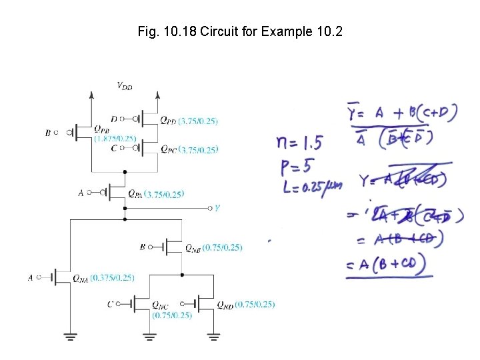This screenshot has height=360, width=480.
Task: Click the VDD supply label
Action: (125, 85)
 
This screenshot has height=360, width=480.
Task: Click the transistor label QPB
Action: (103, 129)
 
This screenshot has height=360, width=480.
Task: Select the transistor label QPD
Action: (169, 121)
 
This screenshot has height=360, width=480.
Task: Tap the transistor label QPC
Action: (169, 149)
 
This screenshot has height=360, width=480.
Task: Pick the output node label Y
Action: (217, 208)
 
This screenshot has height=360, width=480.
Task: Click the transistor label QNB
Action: (193, 247)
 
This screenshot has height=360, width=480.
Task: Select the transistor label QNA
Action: (79, 278)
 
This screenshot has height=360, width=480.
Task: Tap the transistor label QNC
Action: (160, 305)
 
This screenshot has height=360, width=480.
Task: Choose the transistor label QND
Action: (225, 305)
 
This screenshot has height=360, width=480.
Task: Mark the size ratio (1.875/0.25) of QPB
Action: (115, 139)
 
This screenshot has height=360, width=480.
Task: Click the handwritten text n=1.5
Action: (299, 142)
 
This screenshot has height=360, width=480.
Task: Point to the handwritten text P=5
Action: (294, 163)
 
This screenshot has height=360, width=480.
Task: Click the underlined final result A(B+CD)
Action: (389, 264)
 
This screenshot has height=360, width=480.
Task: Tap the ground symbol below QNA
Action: (69, 336)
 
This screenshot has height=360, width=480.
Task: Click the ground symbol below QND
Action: (213, 336)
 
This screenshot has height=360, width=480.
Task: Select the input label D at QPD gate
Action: (114, 119)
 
